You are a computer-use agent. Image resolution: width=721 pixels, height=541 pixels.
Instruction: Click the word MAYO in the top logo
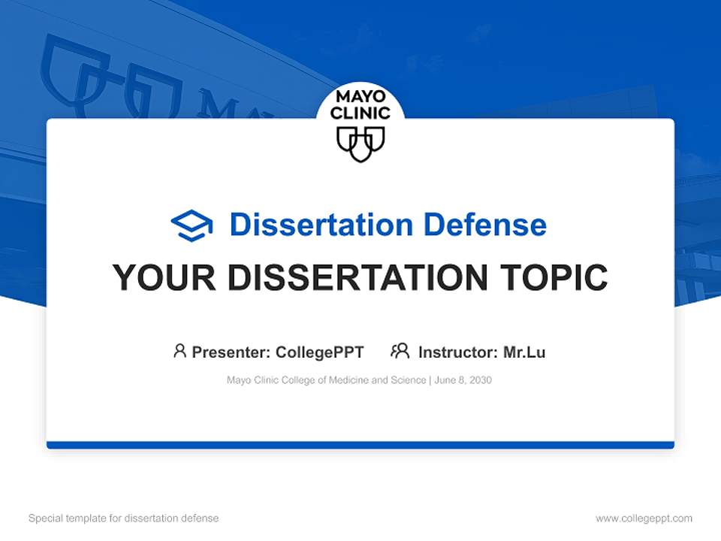(360, 98)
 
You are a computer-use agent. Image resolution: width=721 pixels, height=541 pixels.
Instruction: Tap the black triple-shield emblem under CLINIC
(360, 143)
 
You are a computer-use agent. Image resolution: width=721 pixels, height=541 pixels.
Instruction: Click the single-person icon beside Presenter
(179, 351)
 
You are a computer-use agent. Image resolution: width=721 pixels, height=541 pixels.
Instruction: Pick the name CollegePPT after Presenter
(320, 352)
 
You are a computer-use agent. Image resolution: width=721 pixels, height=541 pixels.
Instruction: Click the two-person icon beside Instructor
(400, 351)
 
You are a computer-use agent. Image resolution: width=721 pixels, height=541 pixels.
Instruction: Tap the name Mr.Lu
(524, 352)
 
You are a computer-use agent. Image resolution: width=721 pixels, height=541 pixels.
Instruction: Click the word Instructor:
(457, 352)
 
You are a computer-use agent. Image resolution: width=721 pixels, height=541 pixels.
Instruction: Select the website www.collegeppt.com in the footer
(644, 518)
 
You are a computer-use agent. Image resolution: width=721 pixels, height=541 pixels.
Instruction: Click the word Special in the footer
(44, 518)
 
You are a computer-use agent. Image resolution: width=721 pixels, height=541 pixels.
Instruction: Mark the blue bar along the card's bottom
(360, 445)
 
